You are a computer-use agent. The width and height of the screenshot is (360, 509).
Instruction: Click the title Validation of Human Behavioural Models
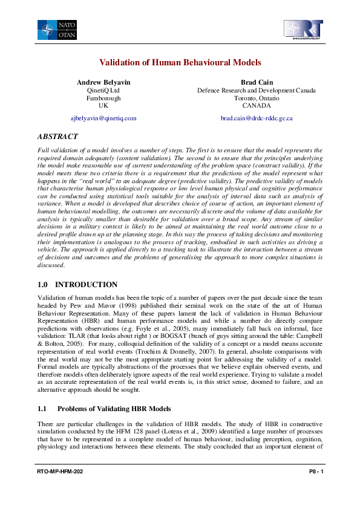180,62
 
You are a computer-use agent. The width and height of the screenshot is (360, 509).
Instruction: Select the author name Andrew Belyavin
103,82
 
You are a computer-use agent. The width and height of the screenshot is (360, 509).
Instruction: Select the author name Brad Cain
256,82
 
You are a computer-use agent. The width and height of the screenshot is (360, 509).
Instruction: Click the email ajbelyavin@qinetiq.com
103,118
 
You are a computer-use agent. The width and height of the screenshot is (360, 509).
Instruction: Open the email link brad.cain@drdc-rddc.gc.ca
257,118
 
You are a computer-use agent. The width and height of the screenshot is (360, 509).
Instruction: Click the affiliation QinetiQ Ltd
103,90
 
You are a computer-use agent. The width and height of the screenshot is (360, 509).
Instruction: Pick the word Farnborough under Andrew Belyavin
103,97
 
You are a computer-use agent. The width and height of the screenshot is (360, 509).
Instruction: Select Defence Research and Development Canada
256,90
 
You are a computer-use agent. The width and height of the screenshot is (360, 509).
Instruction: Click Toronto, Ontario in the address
256,97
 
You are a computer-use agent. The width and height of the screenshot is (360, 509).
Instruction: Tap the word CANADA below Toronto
256,105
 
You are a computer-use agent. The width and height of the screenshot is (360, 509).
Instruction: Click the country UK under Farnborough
103,105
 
